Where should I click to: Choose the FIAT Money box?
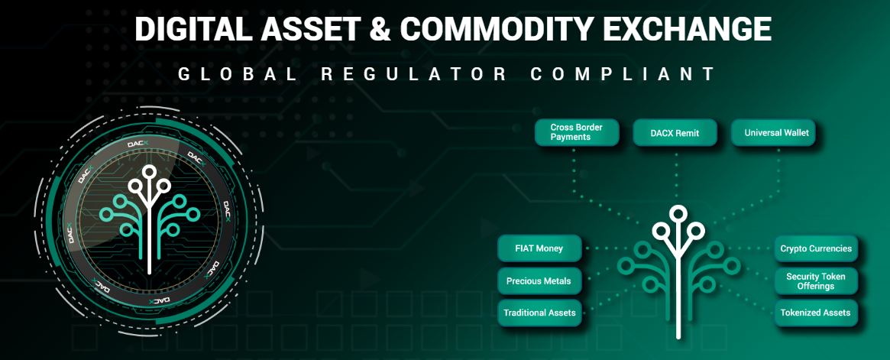[x=539, y=248]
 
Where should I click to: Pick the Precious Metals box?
[x=539, y=281]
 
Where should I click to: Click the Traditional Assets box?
[x=539, y=313]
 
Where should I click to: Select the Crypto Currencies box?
[x=815, y=248]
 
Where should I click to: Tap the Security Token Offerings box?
[x=815, y=281]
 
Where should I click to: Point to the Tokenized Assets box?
[x=815, y=313]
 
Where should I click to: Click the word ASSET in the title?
[x=311, y=29]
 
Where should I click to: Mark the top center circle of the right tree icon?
[x=676, y=214]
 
